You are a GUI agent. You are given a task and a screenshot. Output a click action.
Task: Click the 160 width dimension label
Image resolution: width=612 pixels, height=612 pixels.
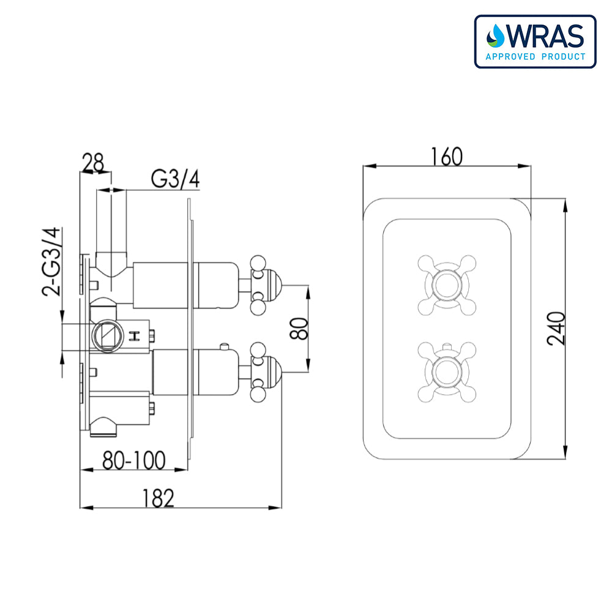(x=446, y=157)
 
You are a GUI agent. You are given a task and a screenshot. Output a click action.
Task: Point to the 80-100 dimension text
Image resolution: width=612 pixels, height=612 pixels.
(x=133, y=460)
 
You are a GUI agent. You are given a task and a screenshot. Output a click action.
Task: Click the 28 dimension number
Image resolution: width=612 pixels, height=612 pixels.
(x=93, y=163)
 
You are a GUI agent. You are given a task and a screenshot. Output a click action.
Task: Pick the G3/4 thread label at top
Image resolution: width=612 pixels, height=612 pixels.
(x=176, y=180)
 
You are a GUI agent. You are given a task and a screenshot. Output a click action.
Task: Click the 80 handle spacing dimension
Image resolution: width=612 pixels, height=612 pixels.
(x=299, y=329)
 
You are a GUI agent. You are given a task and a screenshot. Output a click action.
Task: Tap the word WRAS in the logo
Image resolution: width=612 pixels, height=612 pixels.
(x=543, y=37)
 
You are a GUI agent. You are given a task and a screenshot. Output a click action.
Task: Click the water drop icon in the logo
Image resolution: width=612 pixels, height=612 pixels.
(x=494, y=37)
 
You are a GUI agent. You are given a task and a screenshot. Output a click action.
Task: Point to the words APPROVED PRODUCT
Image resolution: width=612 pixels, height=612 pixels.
(x=535, y=57)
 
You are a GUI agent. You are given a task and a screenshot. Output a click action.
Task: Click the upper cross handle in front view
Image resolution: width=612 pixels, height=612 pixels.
(x=446, y=284)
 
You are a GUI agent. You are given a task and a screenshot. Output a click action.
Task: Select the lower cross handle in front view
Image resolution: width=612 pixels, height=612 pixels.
(x=446, y=371)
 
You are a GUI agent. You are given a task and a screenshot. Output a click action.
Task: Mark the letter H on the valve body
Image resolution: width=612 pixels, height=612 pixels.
(x=135, y=335)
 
